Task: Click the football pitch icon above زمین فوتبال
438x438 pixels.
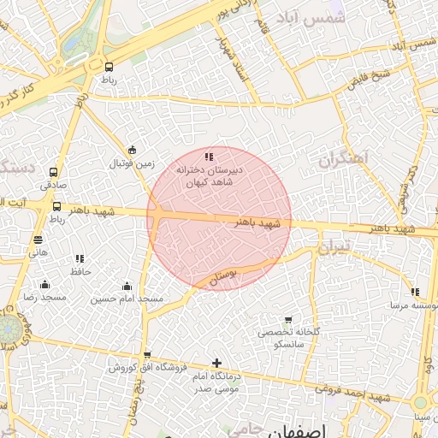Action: click(131, 150)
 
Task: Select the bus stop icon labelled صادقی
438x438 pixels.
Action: click(55, 171)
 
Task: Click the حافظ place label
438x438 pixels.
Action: click(80, 270)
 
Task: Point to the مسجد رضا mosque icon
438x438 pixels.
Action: click(44, 284)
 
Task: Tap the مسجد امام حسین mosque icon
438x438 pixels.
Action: click(127, 286)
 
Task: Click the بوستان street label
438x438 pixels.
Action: click(222, 275)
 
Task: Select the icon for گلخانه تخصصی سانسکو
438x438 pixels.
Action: click(288, 319)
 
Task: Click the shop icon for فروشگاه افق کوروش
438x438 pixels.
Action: click(147, 354)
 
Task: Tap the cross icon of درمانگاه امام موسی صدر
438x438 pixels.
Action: click(216, 363)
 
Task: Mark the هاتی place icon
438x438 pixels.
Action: click(38, 240)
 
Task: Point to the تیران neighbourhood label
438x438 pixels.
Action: click(333, 250)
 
